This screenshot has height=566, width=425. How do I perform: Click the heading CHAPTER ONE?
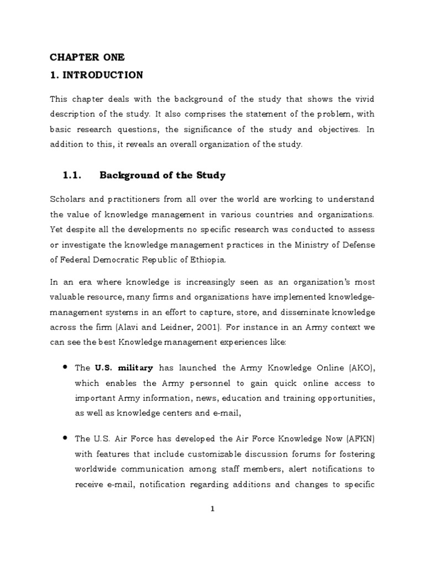click(x=87, y=57)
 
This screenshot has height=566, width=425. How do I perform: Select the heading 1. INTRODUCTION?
click(x=96, y=75)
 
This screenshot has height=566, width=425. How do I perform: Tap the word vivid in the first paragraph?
click(x=363, y=99)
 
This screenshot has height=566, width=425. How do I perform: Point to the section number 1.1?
click(x=72, y=176)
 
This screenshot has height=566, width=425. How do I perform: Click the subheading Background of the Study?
click(x=162, y=176)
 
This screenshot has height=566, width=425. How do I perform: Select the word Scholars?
click(x=68, y=199)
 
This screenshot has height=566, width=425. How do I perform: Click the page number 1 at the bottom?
click(x=212, y=510)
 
